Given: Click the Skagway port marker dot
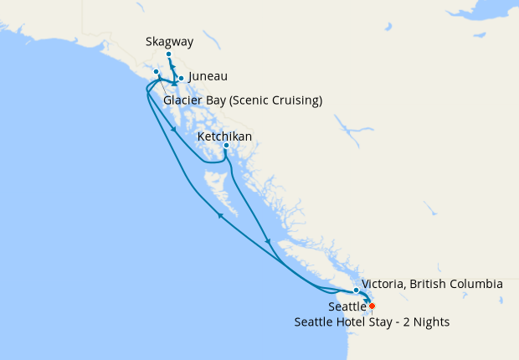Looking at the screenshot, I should coord(168,54).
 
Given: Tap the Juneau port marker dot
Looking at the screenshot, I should coord(181,78).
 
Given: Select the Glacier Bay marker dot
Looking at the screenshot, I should coord(157,72).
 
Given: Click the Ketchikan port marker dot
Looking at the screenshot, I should coord(226,146).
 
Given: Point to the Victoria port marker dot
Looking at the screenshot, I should coord(357,290).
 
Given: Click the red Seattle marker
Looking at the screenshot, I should coord(372,306).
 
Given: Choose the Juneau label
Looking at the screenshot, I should coord(208,77).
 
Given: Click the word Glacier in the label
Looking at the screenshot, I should coord(183,101).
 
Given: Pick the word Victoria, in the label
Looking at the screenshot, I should coord(387,285).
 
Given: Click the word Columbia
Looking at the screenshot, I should coord(475,285).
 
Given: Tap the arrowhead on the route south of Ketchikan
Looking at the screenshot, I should coord(268,241).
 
